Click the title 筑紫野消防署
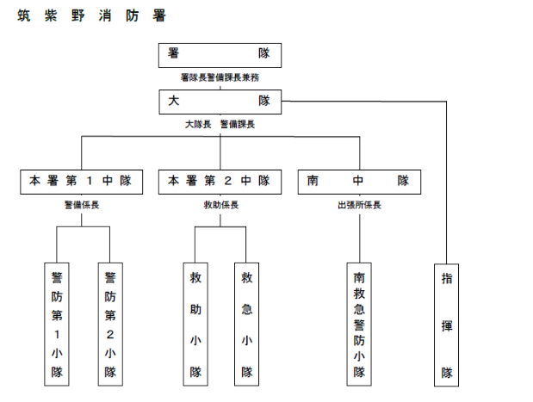tap(91, 15)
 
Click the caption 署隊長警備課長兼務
tap(220, 77)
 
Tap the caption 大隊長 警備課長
tap(220, 124)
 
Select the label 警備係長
tap(82, 205)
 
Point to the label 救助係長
tap(221, 205)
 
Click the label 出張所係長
tap(359, 205)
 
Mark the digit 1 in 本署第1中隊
tap(90, 181)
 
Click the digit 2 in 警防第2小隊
tap(110, 335)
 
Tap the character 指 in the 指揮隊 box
tap(447, 279)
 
